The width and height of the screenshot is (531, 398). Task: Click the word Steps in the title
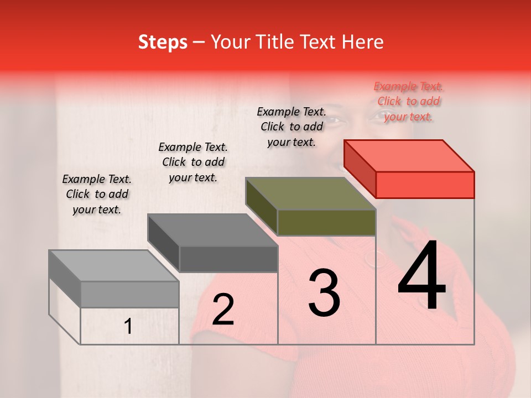coord(163,43)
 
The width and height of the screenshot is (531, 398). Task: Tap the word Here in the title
coord(364,43)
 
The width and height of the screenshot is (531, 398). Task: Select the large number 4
coord(421,276)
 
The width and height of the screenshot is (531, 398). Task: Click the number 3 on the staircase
coord(324,293)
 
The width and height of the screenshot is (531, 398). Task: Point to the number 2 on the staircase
coord(223,309)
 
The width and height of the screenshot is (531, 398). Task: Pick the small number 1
coord(128,327)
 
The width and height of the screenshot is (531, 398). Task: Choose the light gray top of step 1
coord(113,266)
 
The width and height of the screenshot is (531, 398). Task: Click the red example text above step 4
coord(408,101)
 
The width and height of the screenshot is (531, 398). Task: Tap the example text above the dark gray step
coord(193,162)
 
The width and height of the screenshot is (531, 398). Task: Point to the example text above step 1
coord(97,194)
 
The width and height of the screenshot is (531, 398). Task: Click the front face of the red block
coord(425,185)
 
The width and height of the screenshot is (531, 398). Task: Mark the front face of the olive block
coord(326,222)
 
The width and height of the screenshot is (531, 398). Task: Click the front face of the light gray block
coord(129,294)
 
